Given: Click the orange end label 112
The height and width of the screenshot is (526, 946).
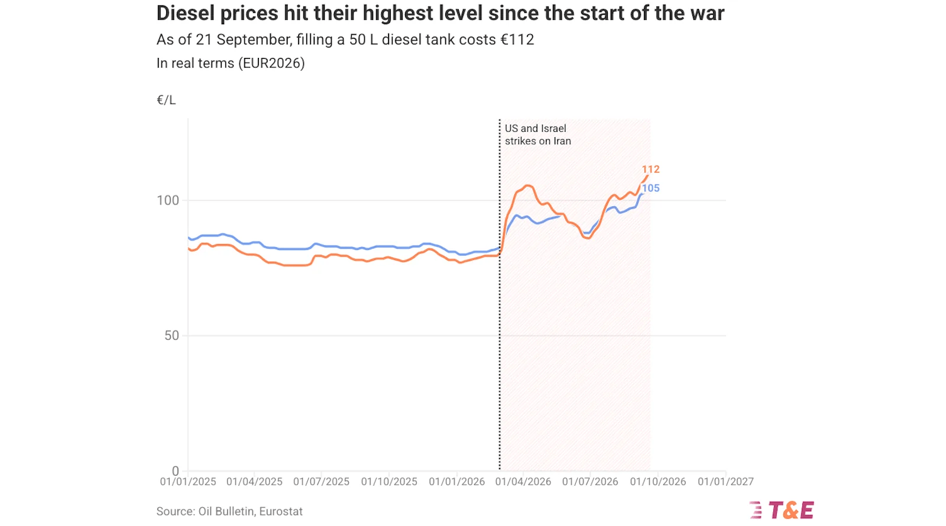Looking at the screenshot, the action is [650, 169].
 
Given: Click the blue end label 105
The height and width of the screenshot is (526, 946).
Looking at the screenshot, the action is [650, 189].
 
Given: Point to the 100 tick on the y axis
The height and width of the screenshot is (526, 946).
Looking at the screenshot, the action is [168, 200].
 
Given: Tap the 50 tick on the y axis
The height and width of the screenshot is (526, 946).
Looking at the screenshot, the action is [172, 336].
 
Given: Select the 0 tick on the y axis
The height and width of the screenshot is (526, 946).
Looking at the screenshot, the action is [175, 470].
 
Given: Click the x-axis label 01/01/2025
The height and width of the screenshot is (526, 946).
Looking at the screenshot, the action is [188, 482].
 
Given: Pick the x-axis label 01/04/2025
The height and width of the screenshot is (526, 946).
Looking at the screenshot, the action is [254, 482].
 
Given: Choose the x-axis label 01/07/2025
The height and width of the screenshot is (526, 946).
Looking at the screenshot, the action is [322, 482].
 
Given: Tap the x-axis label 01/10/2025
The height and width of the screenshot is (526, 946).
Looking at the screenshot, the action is [389, 482].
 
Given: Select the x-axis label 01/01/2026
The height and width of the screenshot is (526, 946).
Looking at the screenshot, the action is [456, 482].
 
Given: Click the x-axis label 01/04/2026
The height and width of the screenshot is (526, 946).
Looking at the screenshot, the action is [523, 482].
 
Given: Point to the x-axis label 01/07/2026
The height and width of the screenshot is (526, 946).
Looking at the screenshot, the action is [590, 482].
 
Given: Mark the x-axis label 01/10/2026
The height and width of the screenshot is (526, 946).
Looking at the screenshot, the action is [658, 482].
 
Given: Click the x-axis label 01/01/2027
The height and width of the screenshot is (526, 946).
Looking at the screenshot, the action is [725, 482].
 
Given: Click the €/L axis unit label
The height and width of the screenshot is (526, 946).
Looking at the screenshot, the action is [166, 100].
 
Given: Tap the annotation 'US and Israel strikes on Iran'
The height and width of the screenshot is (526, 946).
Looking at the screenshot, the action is [538, 135].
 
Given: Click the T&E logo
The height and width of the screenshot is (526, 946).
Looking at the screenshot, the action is [782, 510].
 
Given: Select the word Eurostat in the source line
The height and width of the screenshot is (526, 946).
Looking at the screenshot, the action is [281, 512].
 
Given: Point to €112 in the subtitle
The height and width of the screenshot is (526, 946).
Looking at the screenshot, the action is [517, 40].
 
